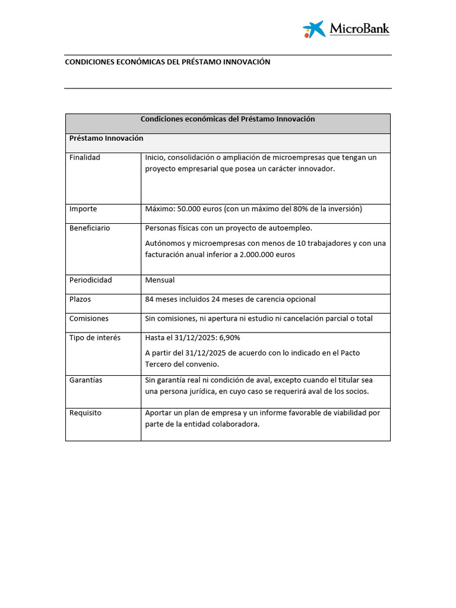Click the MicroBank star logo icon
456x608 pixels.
314,29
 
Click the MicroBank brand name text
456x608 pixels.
359,28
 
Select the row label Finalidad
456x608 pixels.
85,157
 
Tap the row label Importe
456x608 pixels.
83,209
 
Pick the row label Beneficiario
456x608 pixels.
90,228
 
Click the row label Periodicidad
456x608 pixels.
90,280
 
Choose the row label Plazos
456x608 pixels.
80,299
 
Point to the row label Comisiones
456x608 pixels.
89,318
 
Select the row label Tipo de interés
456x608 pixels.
95,337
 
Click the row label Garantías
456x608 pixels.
85,380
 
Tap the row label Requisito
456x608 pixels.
85,413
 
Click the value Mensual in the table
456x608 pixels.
160,280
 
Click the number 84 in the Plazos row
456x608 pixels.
150,299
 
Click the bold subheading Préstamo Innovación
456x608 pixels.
106,138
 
